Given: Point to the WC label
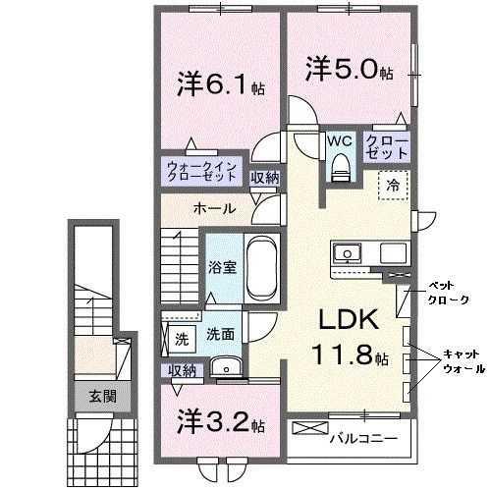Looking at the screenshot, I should pyautogui.click(x=340, y=141).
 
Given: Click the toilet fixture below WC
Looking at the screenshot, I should pyautogui.click(x=340, y=170).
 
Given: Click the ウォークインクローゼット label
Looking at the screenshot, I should pyautogui.click(x=200, y=173).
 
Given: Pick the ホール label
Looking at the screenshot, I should pyautogui.click(x=213, y=208).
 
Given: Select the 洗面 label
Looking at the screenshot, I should pyautogui.click(x=219, y=335).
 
